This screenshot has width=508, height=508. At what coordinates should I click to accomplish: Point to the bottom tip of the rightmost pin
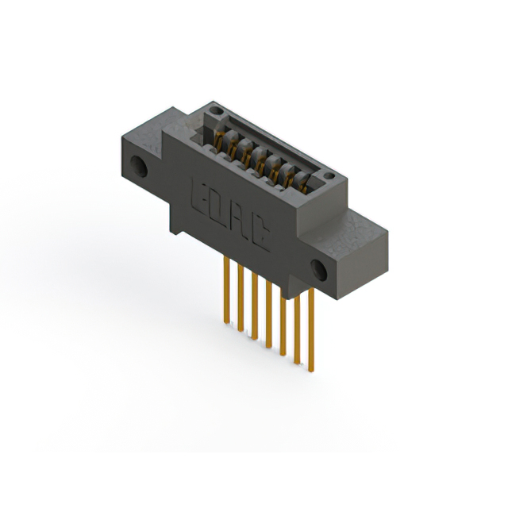311,369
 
